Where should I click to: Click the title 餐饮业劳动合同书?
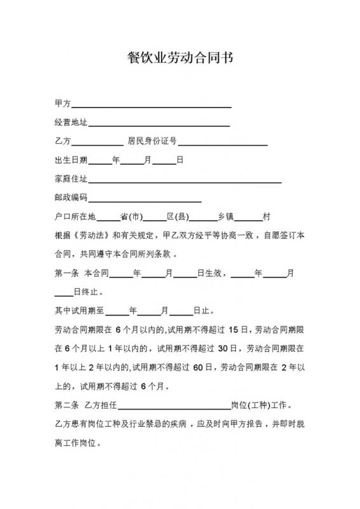(179, 59)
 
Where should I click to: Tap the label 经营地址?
(71, 123)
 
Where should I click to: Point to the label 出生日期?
(71, 160)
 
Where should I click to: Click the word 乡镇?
(226, 217)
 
